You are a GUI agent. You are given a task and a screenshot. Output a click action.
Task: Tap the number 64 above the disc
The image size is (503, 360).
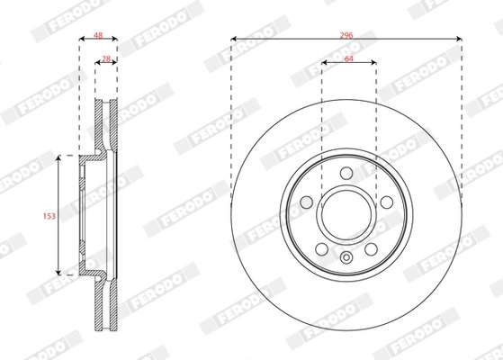coord(348,59)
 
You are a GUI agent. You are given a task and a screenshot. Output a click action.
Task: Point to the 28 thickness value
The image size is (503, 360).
coord(105,59)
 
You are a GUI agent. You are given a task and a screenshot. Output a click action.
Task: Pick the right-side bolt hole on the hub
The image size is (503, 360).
coord(386,202)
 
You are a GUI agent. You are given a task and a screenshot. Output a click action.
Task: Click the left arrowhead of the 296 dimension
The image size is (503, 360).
coord(234,38)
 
